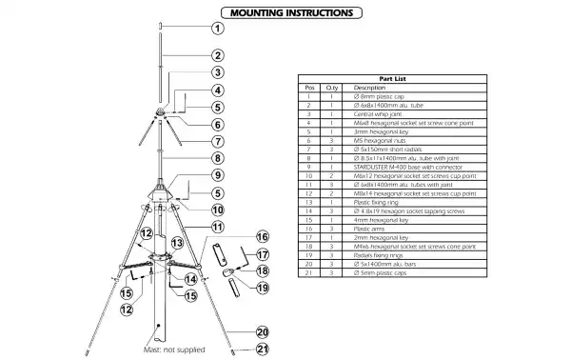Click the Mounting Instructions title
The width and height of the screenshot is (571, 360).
coord(285,13)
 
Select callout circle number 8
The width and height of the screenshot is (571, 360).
coord(217,158)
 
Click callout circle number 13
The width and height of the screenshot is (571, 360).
coord(175,243)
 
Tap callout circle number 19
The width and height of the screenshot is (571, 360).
coord(263,287)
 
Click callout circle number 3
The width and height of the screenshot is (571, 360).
coord(217,71)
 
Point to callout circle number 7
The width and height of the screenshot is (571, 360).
coord(217,141)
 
